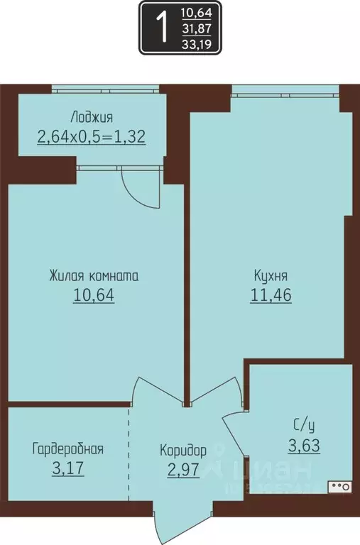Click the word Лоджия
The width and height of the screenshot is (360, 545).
click(x=92, y=117)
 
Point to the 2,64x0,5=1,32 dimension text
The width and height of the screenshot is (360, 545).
click(x=92, y=136)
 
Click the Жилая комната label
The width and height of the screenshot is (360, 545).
click(x=93, y=276)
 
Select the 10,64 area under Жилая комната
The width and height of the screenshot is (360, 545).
click(x=93, y=294)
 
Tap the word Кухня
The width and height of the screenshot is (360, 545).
click(x=271, y=276)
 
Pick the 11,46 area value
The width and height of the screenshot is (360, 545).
click(x=271, y=294)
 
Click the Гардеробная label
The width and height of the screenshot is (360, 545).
click(x=68, y=448)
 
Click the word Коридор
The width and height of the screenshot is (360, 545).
click(x=183, y=450)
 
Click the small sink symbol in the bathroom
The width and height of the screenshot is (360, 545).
click(x=339, y=487)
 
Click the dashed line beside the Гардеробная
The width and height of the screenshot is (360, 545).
click(x=129, y=454)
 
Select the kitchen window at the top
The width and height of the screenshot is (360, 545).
click(x=285, y=90)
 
